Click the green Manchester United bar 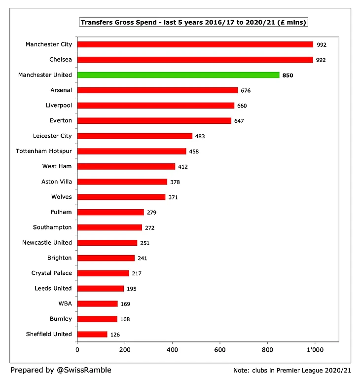[x=179, y=75]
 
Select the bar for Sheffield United [x=92, y=334]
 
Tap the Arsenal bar [x=157, y=90]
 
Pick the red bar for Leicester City [x=135, y=136]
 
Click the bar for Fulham [x=110, y=212]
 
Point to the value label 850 [x=288, y=75]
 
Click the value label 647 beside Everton [x=239, y=121]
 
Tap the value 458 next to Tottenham [x=194, y=151]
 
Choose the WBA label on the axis [x=65, y=303]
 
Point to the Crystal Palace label [x=51, y=273]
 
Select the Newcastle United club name [x=47, y=243]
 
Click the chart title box [x=194, y=23]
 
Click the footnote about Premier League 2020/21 [x=292, y=370]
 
